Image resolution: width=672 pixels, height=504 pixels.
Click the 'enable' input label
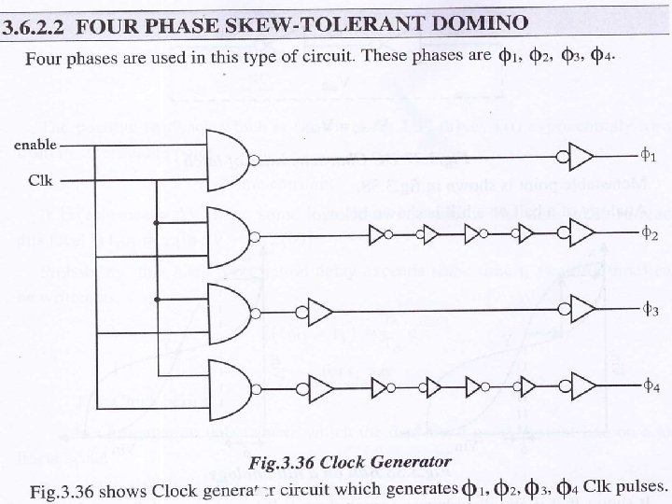point(31,146)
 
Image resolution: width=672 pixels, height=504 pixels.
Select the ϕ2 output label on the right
point(651,233)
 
